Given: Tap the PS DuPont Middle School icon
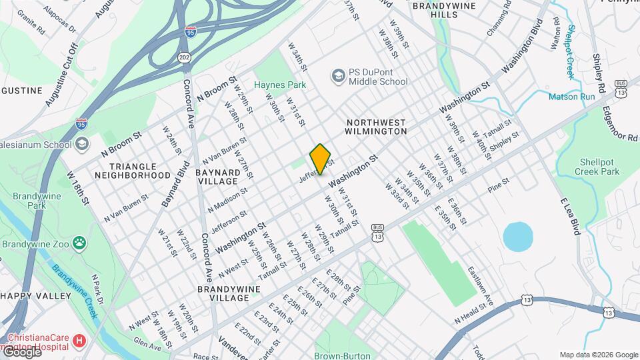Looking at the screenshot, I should click(x=339, y=76).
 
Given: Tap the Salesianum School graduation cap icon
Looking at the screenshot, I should click(x=82, y=144).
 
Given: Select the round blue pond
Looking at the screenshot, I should click(x=518, y=237).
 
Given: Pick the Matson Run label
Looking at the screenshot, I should click(x=571, y=97).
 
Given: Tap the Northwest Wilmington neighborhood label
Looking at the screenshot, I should click(x=376, y=127).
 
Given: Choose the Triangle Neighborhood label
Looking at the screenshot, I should click(x=132, y=171).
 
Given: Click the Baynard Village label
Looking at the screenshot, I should click(x=217, y=177).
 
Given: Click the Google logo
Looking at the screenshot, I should click(x=21, y=352).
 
